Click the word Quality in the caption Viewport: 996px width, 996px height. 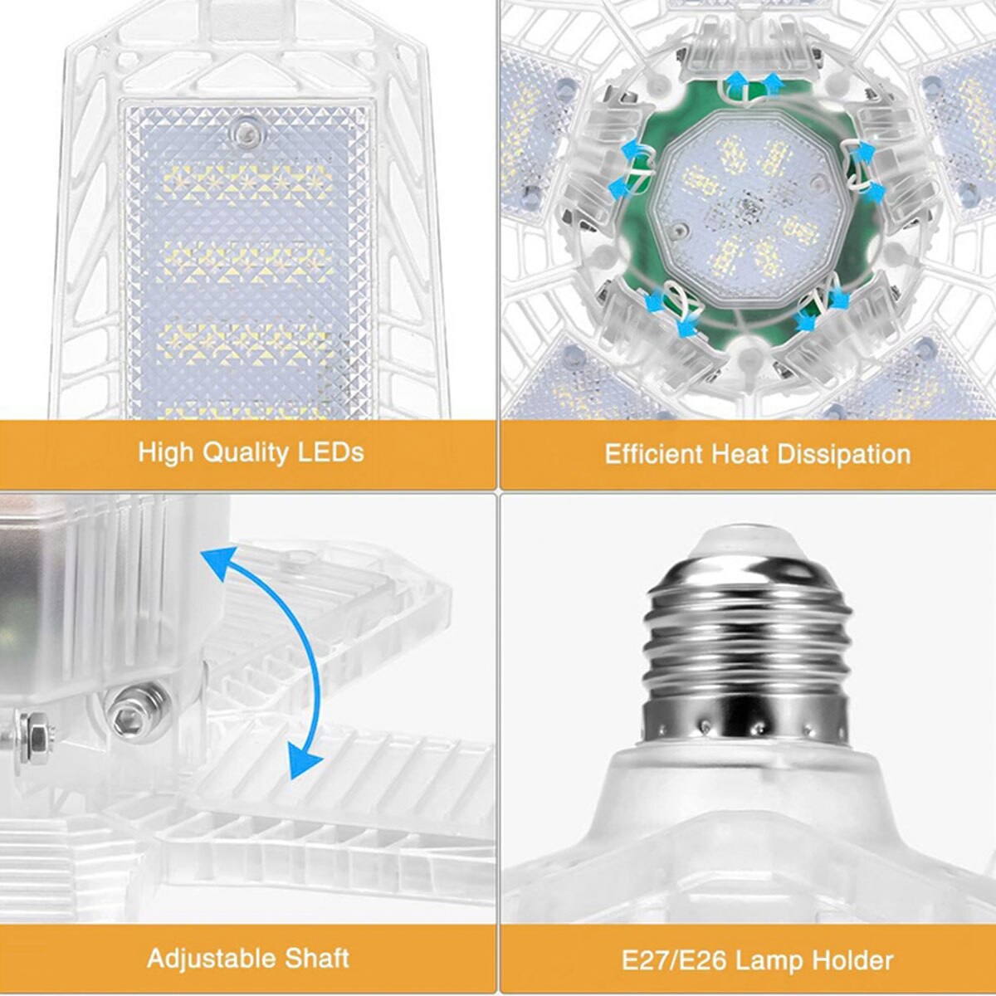tap(247, 453)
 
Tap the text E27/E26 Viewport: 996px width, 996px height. tap(670, 960)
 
